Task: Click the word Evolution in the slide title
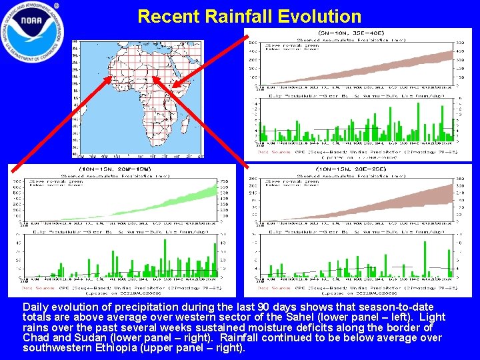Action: pos(307,16)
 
